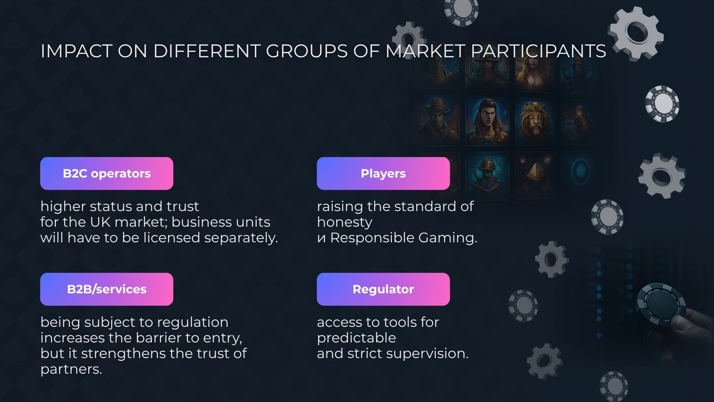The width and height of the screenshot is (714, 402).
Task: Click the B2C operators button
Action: coord(107,173)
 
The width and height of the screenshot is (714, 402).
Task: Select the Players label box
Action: coord(383,173)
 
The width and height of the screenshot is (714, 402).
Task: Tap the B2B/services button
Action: coord(107,289)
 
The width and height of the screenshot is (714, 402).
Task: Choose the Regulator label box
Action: coord(383,289)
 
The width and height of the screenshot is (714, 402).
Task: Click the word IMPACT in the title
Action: coord(76,51)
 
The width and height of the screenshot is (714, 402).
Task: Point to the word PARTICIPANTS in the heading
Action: coord(538,51)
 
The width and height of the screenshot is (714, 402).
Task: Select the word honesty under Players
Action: coord(345,223)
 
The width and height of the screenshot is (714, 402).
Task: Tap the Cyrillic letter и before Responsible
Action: coord(321,238)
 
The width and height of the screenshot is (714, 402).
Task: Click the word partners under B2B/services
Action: coord(71,369)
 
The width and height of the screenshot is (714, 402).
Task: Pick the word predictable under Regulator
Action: coord(356,338)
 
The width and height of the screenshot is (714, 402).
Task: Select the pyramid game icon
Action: coord(535,175)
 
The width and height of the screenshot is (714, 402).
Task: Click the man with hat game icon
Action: coord(437,121)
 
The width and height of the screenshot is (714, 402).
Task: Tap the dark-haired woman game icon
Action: coord(487,121)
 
